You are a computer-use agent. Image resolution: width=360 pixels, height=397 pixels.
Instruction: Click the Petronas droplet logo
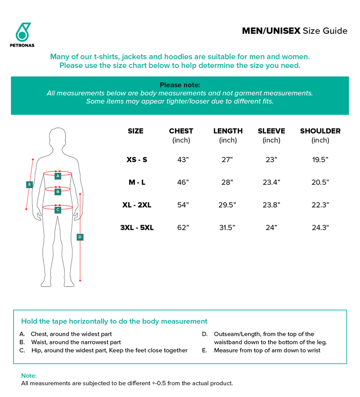pyautogui.click(x=22, y=32)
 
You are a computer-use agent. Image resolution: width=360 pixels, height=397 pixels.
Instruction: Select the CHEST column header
pyautogui.click(x=181, y=131)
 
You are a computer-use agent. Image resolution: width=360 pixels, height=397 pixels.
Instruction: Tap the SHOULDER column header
pyautogui.click(x=320, y=131)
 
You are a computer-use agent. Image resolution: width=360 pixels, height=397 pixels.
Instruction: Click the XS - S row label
pyautogui.click(x=137, y=159)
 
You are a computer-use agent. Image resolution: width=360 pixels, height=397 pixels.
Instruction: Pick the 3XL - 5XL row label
pyautogui.click(x=137, y=227)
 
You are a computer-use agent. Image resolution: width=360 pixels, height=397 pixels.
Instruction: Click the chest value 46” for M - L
pyautogui.click(x=183, y=182)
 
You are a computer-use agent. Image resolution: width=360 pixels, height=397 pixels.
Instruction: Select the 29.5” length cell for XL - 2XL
pyautogui.click(x=228, y=205)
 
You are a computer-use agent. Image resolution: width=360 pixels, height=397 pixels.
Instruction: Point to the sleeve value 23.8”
pyautogui.click(x=271, y=205)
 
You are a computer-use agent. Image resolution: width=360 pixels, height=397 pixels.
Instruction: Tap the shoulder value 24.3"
pyautogui.click(x=320, y=227)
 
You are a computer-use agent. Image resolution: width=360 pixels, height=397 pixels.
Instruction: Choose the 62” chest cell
pyautogui.click(x=183, y=227)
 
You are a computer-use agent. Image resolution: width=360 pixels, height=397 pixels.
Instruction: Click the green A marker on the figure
pyautogui.click(x=58, y=176)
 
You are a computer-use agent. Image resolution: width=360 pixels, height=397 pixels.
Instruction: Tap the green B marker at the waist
pyautogui.click(x=58, y=192)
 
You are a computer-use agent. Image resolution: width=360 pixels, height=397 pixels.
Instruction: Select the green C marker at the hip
pyautogui.click(x=58, y=210)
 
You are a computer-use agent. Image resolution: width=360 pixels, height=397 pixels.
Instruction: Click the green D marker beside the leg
pyautogui.click(x=80, y=237)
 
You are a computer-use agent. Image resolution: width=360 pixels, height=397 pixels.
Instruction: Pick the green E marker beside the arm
pyautogui.click(x=29, y=184)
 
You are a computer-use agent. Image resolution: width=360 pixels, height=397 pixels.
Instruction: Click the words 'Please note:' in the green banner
pyautogui.click(x=180, y=85)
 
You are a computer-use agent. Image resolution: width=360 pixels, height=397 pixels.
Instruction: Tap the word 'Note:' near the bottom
pyautogui.click(x=29, y=375)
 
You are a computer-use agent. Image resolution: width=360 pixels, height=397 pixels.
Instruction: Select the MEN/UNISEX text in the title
pyautogui.click(x=271, y=31)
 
